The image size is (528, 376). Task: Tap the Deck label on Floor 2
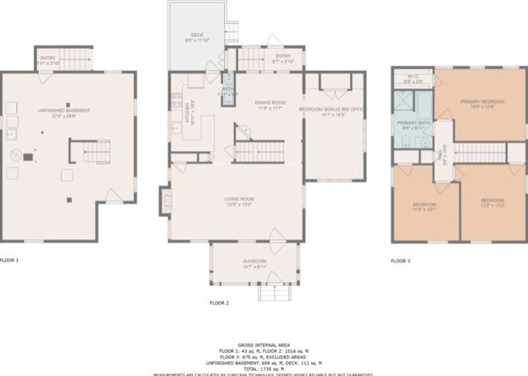pos(197,35)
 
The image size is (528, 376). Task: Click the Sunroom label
pos(254,261)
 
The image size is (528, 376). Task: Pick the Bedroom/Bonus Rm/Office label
pos(331,111)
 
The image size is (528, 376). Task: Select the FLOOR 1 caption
pos(9,261)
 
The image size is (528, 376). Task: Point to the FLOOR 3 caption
pos(400,261)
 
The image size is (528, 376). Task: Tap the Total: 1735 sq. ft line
pos(264,363)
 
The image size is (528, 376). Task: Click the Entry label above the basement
pos(49,57)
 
